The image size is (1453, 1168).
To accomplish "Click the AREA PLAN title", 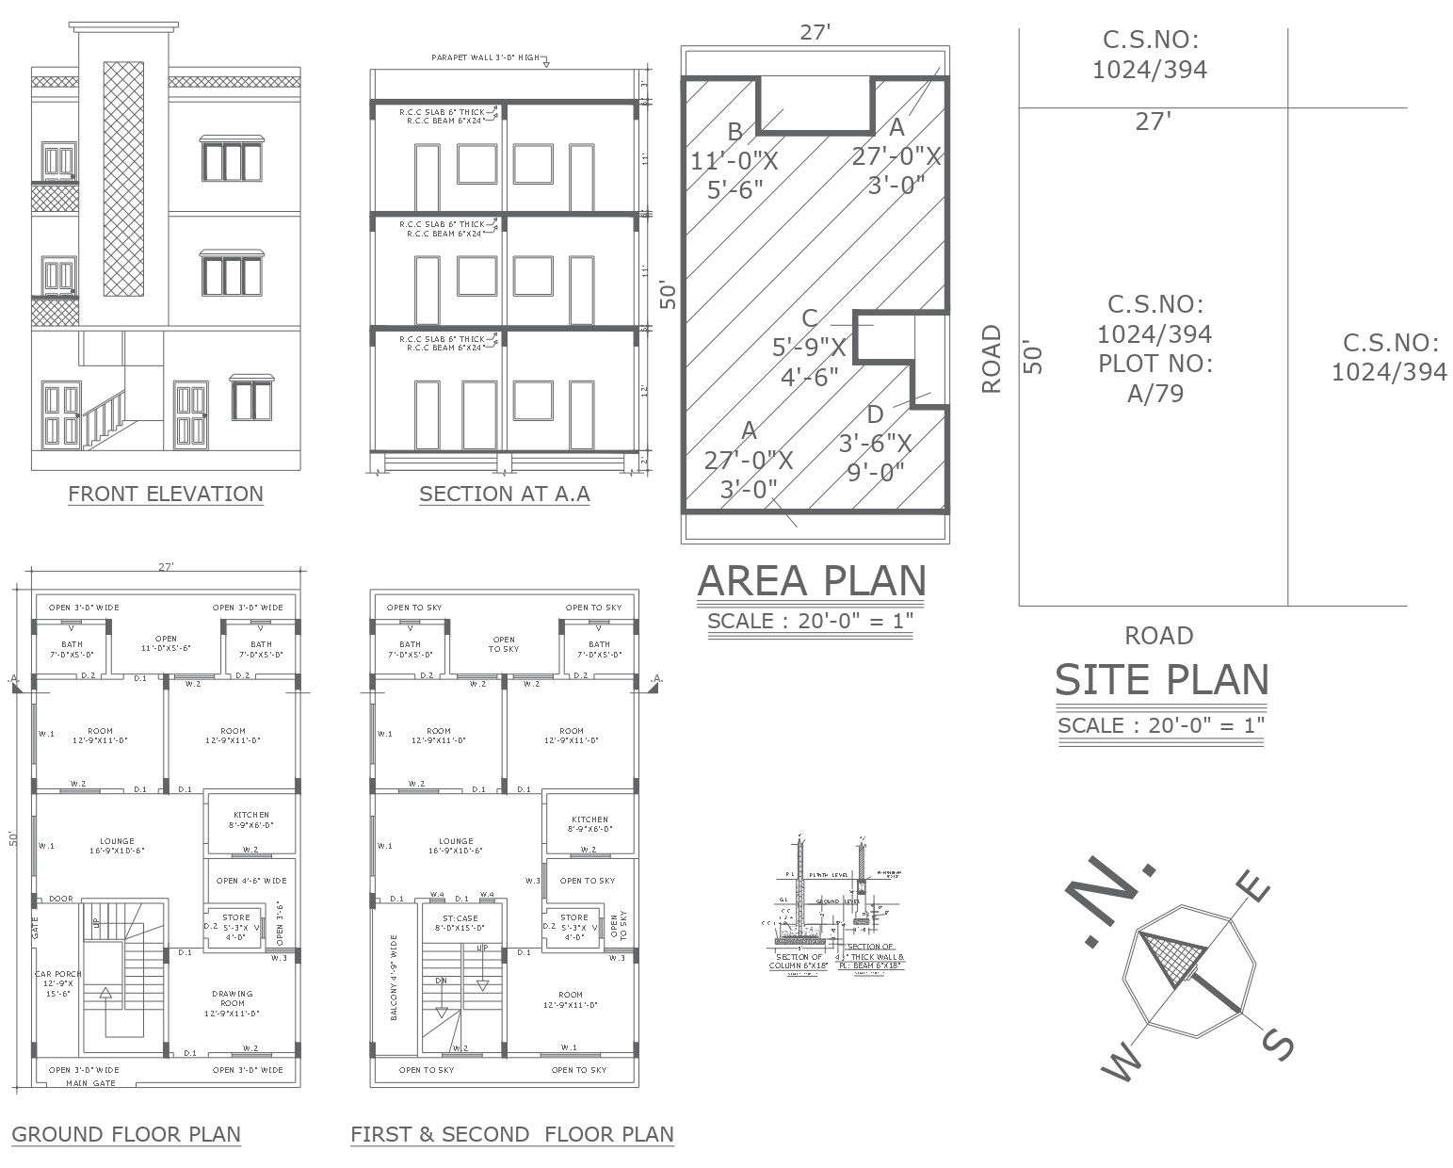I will click(x=812, y=581).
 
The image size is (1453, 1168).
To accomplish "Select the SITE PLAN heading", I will click(x=1160, y=680).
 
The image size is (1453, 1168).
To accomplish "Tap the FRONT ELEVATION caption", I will click(x=166, y=494).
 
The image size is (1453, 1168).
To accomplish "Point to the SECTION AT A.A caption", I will click(x=504, y=494).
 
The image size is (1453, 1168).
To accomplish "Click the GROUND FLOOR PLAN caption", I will click(x=126, y=1134).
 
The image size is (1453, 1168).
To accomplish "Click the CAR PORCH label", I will click(x=58, y=983).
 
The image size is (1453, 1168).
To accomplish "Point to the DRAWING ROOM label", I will click(x=232, y=1003).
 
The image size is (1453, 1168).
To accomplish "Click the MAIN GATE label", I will click(x=90, y=1083).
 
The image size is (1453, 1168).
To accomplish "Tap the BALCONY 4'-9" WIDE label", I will click(x=394, y=977).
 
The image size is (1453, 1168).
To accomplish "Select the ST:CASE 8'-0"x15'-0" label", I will click(x=460, y=922).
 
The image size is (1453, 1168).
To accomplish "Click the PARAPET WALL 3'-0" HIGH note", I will click(x=485, y=57).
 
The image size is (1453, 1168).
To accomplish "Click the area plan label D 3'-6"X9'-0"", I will click(x=875, y=442).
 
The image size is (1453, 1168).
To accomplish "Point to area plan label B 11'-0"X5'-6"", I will click(x=735, y=160).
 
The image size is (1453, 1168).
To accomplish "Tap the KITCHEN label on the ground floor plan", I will click(x=250, y=819).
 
